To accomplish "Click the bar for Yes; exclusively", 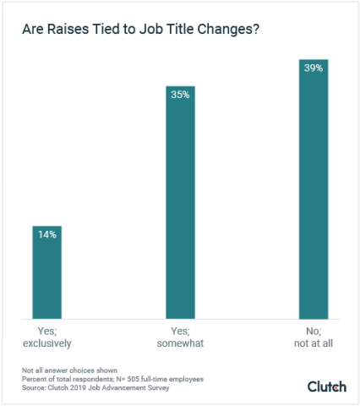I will tap(46, 271).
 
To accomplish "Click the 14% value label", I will tap(46, 234).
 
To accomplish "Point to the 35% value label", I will tap(180, 95).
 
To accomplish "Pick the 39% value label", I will tap(314, 68).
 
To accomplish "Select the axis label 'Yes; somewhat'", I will tap(180, 337).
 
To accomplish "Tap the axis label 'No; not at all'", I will tap(313, 337).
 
